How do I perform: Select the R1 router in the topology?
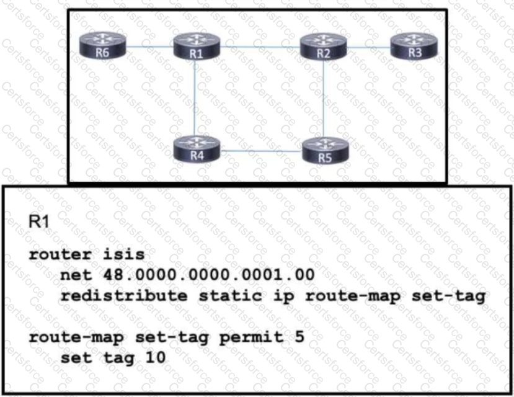[197, 47]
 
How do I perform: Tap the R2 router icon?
[323, 47]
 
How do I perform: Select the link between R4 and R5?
[261, 150]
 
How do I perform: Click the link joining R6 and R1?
[149, 45]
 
